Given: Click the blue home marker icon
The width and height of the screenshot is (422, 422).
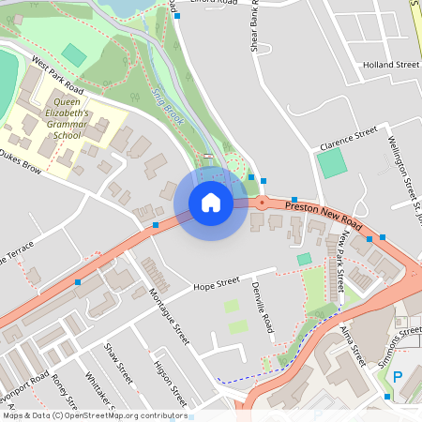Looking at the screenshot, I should (211, 203).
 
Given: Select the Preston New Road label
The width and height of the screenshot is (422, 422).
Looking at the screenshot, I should (324, 214).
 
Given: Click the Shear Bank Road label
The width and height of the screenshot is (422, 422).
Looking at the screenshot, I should (256, 29).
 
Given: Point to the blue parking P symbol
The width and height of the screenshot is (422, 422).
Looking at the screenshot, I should (397, 377).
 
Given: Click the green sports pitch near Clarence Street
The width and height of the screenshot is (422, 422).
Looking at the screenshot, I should (331, 164).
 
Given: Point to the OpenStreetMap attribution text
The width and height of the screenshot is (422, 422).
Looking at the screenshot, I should (95, 415).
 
